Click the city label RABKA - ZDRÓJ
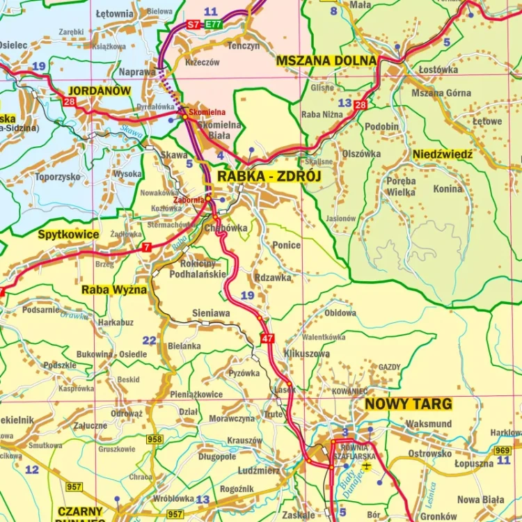point(269,177)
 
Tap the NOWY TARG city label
point(409,404)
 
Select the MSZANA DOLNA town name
point(326,61)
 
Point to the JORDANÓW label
point(100,90)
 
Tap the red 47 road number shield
point(267,338)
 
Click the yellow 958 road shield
point(155,439)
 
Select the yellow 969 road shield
point(502,450)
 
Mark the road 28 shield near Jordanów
point(70,102)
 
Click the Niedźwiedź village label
point(443,154)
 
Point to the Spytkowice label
point(69,235)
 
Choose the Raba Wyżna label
point(114,290)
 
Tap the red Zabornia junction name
point(189,200)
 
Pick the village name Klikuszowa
point(307,354)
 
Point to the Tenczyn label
point(244,46)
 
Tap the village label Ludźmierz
point(258,470)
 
